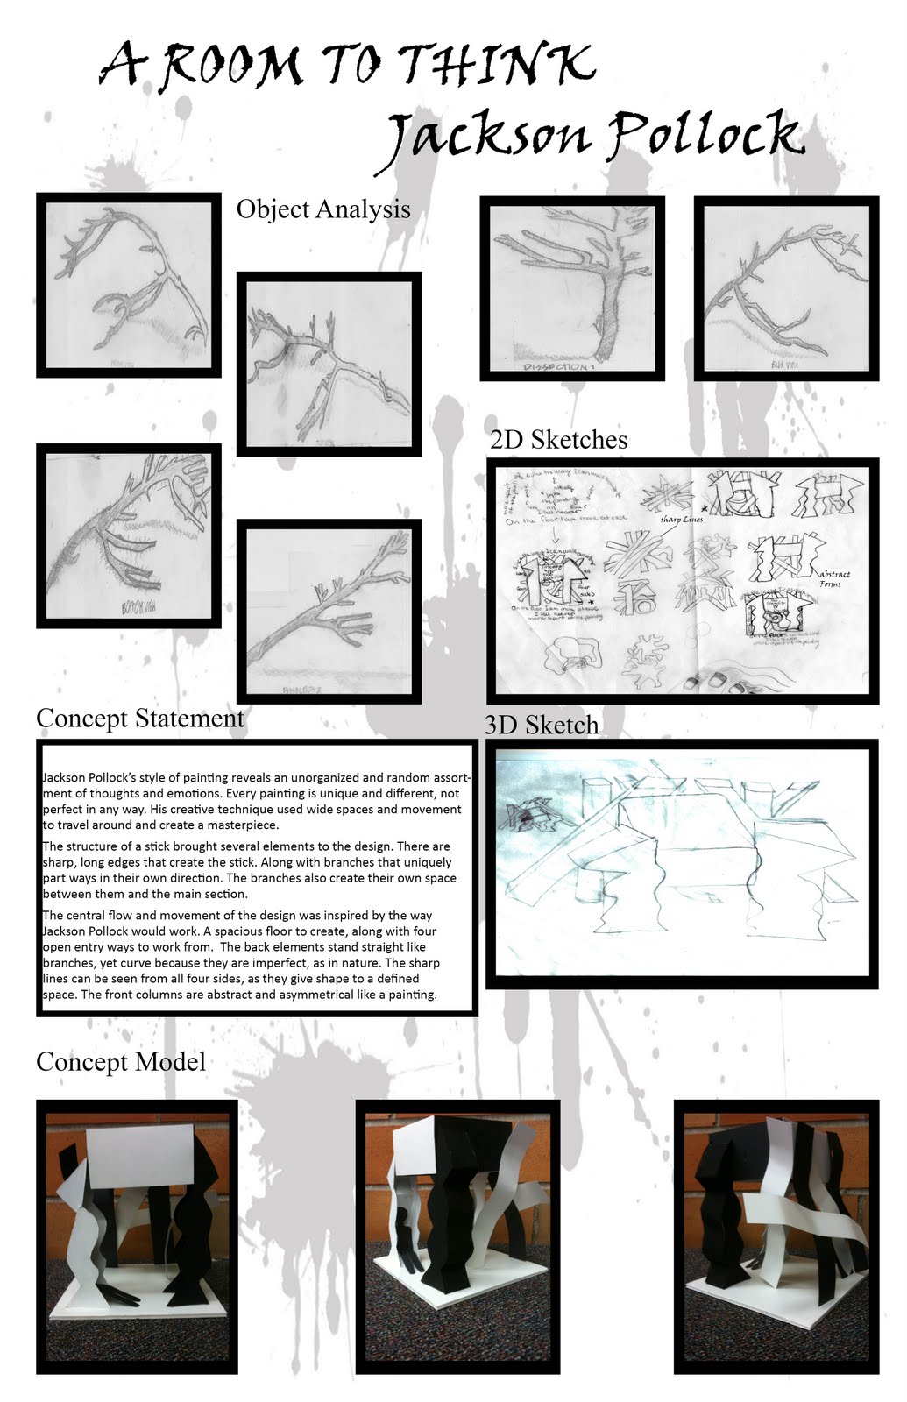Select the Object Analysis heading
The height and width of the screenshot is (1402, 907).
click(x=322, y=209)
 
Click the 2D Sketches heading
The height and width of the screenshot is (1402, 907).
click(x=558, y=439)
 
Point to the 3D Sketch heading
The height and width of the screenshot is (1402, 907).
click(x=542, y=725)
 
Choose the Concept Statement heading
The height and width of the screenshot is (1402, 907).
click(x=140, y=718)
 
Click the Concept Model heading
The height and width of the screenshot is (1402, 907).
click(x=121, y=1061)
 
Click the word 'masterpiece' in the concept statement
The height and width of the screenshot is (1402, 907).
click(x=237, y=825)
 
